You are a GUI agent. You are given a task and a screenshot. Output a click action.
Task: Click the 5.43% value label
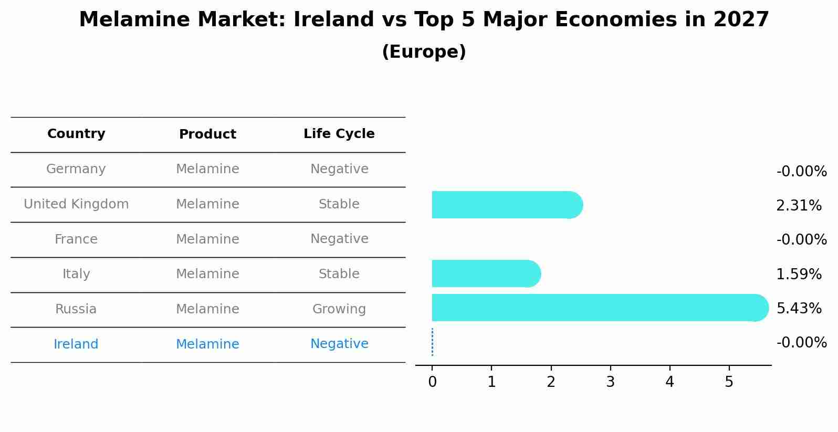click(x=799, y=308)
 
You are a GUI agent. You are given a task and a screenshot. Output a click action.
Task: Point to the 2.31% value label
click(x=799, y=206)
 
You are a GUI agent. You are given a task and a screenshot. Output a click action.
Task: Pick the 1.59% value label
click(x=799, y=274)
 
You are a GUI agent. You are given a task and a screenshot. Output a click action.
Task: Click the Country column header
click(x=76, y=134)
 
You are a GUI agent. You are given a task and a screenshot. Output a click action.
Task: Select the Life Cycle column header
click(x=339, y=134)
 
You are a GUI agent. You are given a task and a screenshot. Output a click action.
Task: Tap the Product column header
click(x=207, y=134)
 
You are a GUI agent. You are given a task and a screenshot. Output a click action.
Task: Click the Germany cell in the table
click(x=76, y=169)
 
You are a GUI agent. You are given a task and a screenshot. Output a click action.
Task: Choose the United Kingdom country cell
click(x=76, y=204)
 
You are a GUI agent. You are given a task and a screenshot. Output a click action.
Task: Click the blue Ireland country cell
click(x=76, y=344)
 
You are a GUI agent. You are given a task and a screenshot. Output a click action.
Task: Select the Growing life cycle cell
click(x=339, y=309)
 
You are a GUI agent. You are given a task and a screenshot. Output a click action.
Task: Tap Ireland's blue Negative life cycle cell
click(x=339, y=344)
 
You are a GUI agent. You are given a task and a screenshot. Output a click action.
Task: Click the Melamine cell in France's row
click(x=207, y=239)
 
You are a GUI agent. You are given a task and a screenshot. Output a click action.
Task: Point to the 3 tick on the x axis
click(x=610, y=382)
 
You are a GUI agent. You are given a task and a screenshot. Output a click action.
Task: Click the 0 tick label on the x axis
click(x=432, y=382)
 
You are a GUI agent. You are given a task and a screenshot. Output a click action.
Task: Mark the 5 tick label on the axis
click(x=729, y=382)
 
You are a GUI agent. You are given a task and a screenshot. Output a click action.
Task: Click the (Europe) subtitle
click(x=424, y=52)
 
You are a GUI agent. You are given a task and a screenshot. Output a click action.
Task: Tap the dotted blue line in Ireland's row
click(x=432, y=342)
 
